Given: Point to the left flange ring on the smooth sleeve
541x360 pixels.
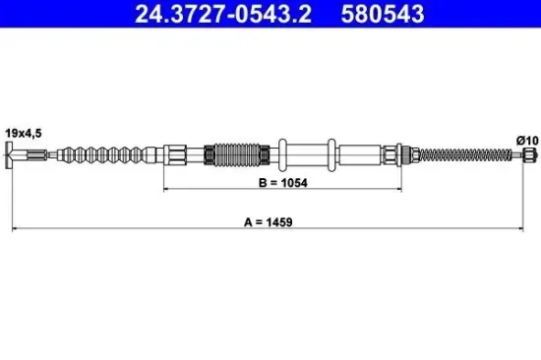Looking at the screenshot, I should (x=282, y=152).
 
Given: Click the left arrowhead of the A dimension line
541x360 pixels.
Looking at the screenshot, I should (x=13, y=229).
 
